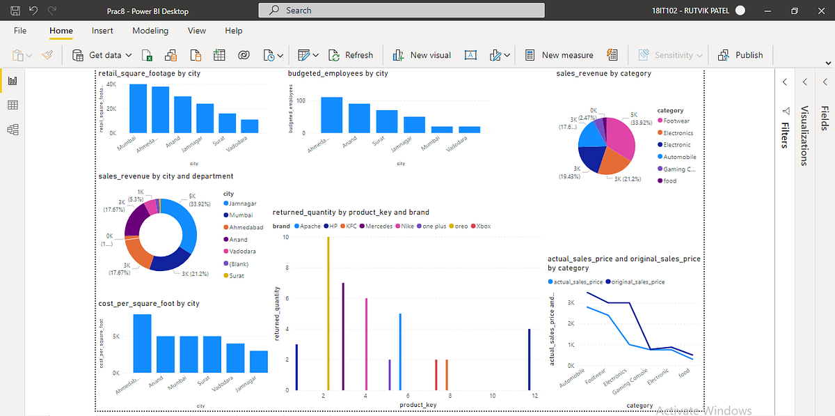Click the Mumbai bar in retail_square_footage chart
(x=138, y=109)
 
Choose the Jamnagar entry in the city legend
(x=243, y=203)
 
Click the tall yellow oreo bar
(x=328, y=314)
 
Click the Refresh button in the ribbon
(x=352, y=55)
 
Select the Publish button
(x=741, y=55)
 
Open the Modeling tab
(x=150, y=31)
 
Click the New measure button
(x=559, y=55)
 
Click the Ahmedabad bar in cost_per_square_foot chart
(x=142, y=344)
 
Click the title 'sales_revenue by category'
(x=603, y=73)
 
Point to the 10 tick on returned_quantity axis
(x=286, y=237)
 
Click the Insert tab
(x=102, y=31)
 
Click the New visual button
(x=422, y=55)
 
